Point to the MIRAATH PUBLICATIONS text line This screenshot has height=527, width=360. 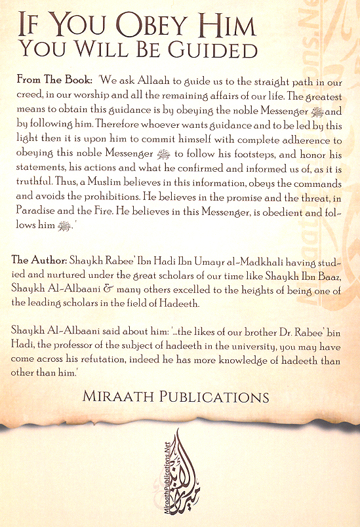click(x=176, y=397)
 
